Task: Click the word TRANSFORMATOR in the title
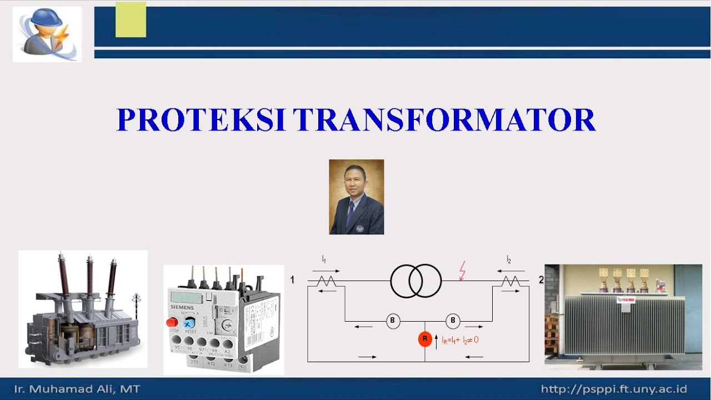coord(444,120)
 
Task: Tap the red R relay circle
coord(425,339)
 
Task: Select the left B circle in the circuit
coord(393,321)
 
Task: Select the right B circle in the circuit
coord(453,321)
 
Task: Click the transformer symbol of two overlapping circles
coord(416,281)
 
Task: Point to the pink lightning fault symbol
coord(462,271)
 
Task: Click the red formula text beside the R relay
coord(460,339)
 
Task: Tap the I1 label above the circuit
coord(324,259)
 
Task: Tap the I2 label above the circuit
coord(508,259)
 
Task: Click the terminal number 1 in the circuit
coord(292,280)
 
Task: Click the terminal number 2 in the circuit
coord(541,280)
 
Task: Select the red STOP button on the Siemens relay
coord(172,322)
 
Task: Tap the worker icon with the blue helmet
coord(47,33)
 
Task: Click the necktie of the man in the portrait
coord(350,214)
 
